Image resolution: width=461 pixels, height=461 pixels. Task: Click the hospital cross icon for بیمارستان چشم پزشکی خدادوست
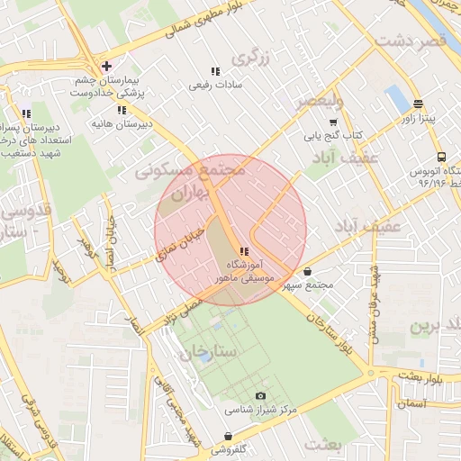coord(107,66)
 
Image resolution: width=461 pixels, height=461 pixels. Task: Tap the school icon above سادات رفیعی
coord(214,71)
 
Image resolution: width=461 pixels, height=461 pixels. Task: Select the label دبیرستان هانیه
coord(121,122)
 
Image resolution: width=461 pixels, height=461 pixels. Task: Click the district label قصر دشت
coord(410,41)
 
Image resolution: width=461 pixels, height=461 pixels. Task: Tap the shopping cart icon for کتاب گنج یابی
coord(332,122)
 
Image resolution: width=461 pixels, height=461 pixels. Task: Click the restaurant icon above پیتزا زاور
coord(418,104)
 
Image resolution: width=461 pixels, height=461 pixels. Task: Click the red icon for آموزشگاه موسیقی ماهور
coord(243,251)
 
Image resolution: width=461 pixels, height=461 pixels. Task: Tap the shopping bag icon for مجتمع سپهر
coord(308,271)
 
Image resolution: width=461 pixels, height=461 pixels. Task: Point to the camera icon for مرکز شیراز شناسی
coord(261,395)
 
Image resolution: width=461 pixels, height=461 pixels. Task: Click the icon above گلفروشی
coord(227,435)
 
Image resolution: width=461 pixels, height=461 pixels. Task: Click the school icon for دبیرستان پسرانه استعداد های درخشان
coord(24,113)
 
